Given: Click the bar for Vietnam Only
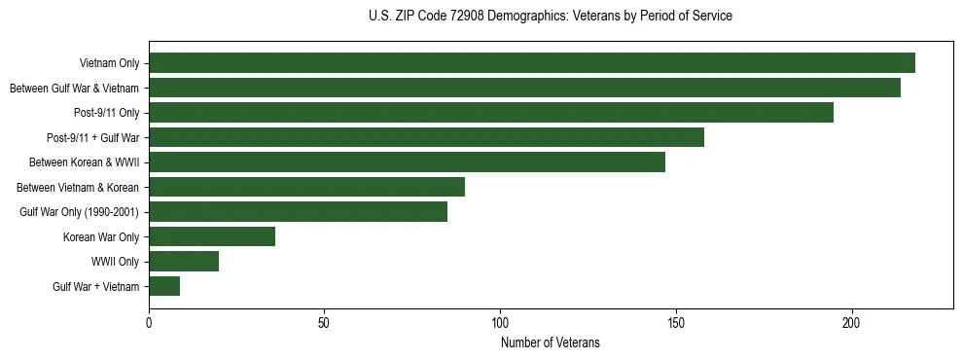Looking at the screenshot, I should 532,63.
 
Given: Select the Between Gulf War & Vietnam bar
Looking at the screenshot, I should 524,88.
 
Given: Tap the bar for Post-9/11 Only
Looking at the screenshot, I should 491,113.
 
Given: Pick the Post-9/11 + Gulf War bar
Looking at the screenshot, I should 426,137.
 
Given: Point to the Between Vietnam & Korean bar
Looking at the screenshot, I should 306,187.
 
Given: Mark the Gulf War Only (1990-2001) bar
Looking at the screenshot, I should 298,212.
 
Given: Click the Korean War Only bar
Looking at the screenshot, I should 212,236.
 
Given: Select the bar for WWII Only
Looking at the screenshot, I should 184,262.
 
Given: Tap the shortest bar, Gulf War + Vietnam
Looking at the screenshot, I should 164,286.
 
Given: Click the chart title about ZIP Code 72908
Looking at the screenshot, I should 551,17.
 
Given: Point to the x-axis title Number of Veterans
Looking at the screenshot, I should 551,343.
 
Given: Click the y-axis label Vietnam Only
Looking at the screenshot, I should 109,63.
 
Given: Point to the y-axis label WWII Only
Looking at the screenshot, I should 115,262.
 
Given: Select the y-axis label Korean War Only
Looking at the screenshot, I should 101,236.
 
